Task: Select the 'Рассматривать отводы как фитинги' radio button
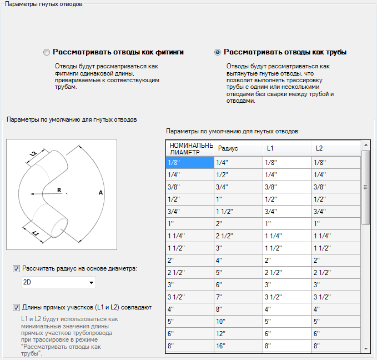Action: (47, 52)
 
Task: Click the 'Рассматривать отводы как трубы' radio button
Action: (218, 52)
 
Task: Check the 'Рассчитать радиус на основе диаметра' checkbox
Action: (16, 269)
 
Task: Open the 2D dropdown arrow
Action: (91, 283)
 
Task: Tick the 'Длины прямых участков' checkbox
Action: (16, 307)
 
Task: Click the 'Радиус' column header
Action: (238, 148)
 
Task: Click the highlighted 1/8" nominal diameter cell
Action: (189, 162)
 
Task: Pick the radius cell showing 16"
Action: (238, 346)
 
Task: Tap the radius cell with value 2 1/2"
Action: (238, 236)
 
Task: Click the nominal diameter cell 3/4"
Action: (189, 211)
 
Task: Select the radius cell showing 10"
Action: (238, 321)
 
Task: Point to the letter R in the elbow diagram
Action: (59, 189)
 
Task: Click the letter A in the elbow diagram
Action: (100, 192)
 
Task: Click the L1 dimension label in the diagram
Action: (34, 233)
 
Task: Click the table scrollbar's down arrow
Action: (365, 348)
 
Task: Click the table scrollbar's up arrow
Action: (365, 145)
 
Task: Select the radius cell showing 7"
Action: (238, 297)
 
